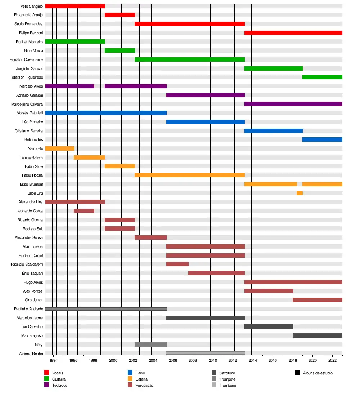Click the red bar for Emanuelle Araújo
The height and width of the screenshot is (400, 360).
[120, 15]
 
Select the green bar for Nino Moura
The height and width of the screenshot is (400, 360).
[120, 50]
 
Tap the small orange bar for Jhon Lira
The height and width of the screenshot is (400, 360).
[300, 193]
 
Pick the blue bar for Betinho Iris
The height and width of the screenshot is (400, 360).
[322, 139]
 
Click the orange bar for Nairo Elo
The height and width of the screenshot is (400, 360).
[59, 148]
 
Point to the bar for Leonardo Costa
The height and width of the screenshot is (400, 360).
[84, 211]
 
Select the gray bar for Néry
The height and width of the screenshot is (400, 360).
[150, 345]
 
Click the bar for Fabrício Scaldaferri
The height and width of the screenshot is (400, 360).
[177, 264]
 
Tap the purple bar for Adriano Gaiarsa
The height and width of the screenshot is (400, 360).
[205, 95]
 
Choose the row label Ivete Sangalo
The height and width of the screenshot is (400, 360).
[32, 6]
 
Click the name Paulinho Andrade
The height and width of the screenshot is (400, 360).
[28, 309]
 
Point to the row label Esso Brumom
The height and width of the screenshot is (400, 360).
[32, 184]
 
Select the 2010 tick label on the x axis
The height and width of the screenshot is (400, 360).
[212, 360]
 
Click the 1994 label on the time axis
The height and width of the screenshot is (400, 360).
[54, 360]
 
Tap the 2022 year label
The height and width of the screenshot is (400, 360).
[332, 360]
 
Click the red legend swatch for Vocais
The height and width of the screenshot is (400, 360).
[46, 373]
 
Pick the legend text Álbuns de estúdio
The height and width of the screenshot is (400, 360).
[318, 373]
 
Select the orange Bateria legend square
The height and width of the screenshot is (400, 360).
[130, 379]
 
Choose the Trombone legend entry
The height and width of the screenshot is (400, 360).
[228, 385]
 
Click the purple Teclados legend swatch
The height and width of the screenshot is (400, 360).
[46, 385]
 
